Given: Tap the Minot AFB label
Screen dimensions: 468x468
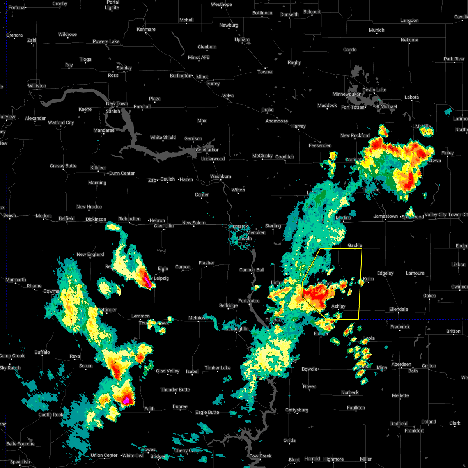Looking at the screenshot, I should click(x=199, y=57).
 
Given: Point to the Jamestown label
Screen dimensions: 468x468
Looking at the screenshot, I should click(x=385, y=216).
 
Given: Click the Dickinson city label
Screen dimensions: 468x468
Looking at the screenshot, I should click(x=96, y=220).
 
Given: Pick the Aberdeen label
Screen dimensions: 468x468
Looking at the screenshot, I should click(x=401, y=364).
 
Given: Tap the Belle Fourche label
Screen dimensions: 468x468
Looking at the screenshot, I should click(x=20, y=444).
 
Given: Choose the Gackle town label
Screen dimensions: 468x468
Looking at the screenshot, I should click(x=355, y=245).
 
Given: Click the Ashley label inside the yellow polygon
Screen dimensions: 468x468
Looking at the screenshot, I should click(x=338, y=306).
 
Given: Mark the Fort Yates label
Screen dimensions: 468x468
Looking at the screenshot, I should click(x=249, y=301).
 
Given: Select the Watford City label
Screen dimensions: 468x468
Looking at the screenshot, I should click(x=61, y=122).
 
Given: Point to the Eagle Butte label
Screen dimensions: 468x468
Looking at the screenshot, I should click(x=207, y=412).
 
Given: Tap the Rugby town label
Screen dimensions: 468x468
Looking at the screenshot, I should click(x=294, y=62).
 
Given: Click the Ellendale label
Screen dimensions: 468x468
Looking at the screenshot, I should click(x=398, y=309).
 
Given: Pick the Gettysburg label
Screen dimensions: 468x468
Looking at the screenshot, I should click(x=296, y=410).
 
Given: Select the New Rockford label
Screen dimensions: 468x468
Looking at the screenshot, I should click(x=355, y=135).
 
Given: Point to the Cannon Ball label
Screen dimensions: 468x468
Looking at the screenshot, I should click(x=252, y=270).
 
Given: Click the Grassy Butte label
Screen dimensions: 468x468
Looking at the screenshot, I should click(x=63, y=166).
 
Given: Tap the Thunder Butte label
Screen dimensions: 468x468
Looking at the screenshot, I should click(x=175, y=390).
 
